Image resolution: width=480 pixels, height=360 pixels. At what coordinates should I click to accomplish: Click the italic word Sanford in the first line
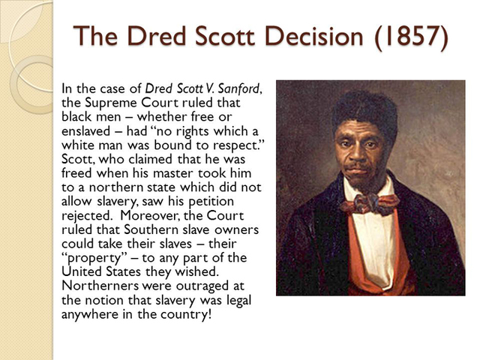click(240, 89)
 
